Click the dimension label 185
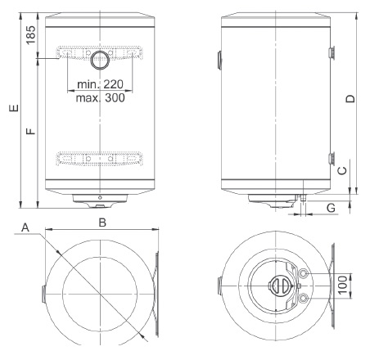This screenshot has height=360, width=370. pos(31,35)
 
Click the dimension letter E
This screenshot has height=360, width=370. pos(14,108)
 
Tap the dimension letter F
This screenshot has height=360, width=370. pos(31,131)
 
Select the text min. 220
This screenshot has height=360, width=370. pos(100,84)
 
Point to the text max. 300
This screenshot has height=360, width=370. pos(100,97)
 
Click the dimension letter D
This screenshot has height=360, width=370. pos(350,98)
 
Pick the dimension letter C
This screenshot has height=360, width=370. pos(342,170)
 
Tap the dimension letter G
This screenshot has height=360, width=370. pos(331,208)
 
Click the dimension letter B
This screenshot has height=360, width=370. pos(102,223)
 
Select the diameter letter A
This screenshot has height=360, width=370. pos(25,227)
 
